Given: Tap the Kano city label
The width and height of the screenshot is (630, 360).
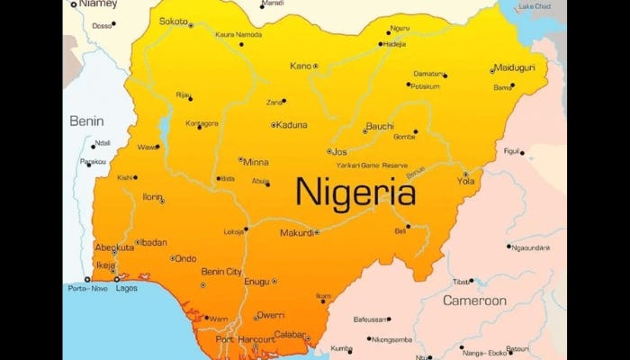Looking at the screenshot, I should click(300, 66).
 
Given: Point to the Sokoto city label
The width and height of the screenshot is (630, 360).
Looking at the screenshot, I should click(173, 21).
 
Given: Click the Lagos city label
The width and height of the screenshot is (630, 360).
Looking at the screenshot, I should click(127, 289).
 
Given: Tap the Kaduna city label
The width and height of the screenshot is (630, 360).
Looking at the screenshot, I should click(292, 125).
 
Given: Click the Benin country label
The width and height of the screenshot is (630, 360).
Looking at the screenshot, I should click(87, 121).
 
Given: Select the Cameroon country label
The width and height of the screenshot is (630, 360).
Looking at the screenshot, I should click(473, 301).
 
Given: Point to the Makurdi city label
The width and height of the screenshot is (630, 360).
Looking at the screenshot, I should click(296, 232).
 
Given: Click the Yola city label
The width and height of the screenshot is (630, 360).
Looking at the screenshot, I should click(465, 181).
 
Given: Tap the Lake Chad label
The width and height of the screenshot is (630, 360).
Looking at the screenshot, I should click(537, 7).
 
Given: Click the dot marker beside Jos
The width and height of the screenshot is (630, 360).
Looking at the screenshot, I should click(330, 151).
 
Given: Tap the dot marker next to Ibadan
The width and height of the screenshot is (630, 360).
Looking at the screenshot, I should click(137, 242).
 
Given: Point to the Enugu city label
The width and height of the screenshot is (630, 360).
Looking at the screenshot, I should click(256, 282).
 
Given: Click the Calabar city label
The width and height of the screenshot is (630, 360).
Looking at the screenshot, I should click(290, 334).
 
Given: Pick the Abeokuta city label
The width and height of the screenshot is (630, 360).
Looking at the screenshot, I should click(114, 247).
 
